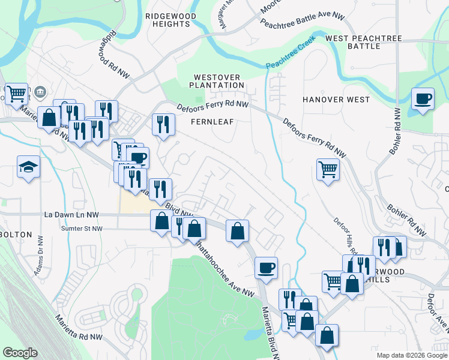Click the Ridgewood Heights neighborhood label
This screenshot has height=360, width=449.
167,18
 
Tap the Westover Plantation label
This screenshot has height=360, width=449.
219,81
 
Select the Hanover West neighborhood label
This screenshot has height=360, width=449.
336,100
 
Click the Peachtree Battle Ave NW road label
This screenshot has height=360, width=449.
303,20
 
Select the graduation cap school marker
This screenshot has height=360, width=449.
28,167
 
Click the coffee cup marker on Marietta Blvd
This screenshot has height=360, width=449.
266,268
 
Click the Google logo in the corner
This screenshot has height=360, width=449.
20,353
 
